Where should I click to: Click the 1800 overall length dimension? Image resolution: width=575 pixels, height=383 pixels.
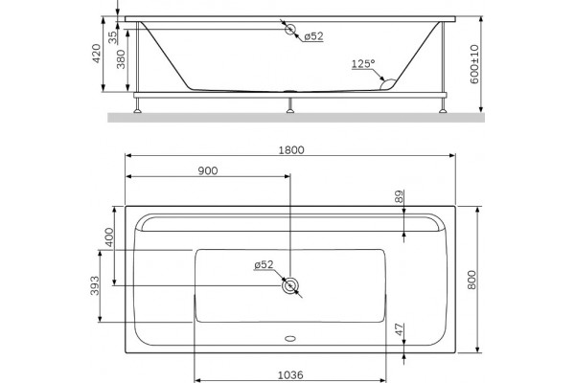(x=291, y=150)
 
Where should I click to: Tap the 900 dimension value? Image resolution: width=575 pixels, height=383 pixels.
(x=208, y=170)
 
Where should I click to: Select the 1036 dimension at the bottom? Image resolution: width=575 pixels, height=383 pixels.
(x=290, y=375)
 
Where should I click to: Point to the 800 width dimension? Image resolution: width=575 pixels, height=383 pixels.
(x=471, y=280)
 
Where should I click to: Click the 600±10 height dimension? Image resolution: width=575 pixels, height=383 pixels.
(x=474, y=64)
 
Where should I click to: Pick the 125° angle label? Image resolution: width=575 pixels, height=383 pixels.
(x=363, y=64)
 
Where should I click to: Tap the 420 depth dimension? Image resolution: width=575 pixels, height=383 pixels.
(x=96, y=54)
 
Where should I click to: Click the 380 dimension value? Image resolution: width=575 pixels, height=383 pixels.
(x=121, y=59)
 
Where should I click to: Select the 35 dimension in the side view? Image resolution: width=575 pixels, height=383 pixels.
(x=112, y=37)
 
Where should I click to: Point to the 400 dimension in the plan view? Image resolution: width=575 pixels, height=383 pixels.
(x=109, y=237)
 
